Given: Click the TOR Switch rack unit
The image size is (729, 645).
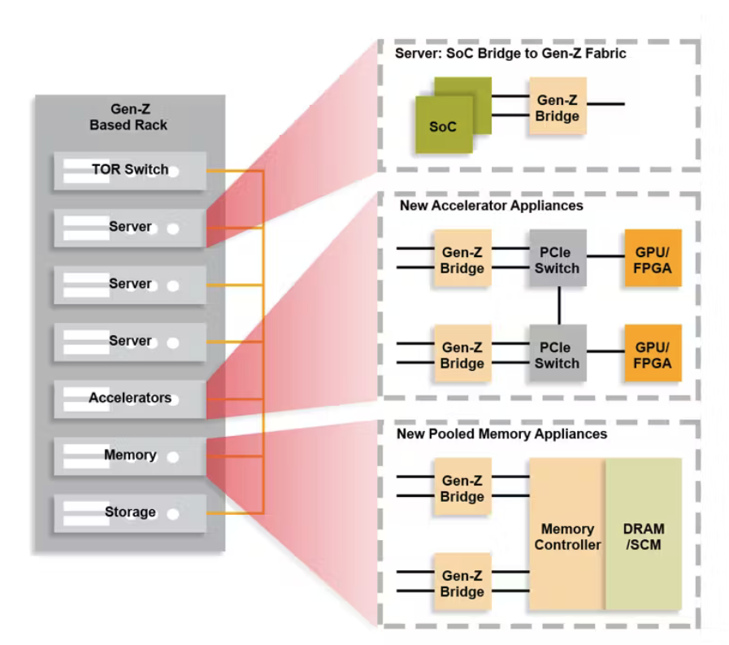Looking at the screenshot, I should click(x=130, y=171).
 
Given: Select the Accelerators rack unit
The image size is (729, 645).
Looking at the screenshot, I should click(x=130, y=399).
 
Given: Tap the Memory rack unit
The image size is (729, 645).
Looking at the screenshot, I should click(x=130, y=455).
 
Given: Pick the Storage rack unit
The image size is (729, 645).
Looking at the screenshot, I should click(x=130, y=512).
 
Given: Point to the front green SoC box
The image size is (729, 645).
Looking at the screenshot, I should click(x=444, y=125).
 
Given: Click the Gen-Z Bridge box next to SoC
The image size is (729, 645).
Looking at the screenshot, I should click(x=558, y=107).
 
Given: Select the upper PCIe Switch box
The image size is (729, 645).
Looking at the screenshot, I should click(x=558, y=259).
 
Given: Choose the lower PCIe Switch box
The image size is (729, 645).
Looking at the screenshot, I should click(x=558, y=355).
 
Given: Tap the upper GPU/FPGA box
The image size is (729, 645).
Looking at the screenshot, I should click(x=653, y=259).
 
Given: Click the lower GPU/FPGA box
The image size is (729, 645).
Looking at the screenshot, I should click(x=653, y=355).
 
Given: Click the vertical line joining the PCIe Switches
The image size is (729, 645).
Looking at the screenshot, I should click(x=558, y=306).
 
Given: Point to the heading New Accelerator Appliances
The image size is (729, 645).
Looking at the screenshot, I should click(x=491, y=206).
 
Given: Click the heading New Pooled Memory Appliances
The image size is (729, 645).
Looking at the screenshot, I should click(x=501, y=434).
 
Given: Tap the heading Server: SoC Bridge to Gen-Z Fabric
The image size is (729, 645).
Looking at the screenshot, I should click(x=510, y=54).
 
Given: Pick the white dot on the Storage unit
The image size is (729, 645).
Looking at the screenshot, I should click(x=173, y=514).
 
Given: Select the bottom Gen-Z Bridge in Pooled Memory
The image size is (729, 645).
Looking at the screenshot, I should click(x=462, y=582).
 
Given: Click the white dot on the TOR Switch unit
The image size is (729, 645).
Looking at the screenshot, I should click(x=173, y=172).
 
